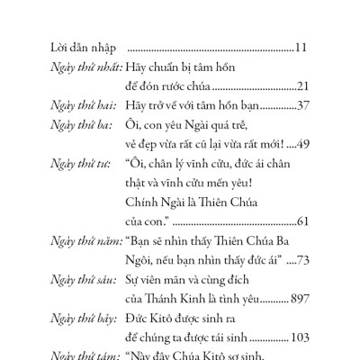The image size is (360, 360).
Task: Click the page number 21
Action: click(301, 87)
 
